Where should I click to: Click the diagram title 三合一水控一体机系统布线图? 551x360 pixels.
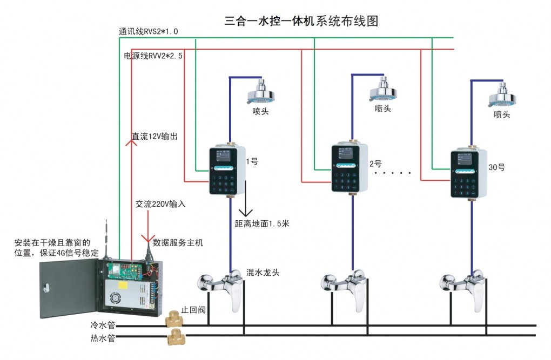(x=301, y=21)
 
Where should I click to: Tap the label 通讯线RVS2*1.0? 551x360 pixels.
(x=149, y=31)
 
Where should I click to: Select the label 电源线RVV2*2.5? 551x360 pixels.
(x=153, y=56)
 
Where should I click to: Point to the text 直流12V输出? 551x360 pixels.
(x=154, y=136)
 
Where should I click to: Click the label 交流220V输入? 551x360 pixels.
(x=160, y=203)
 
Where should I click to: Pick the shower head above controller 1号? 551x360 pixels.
(x=260, y=92)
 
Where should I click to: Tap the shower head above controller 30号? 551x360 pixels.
(x=502, y=95)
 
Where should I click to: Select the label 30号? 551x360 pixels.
(x=496, y=167)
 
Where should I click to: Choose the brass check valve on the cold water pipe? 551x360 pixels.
(x=173, y=319)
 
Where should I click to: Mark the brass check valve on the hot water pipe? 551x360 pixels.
(x=174, y=337)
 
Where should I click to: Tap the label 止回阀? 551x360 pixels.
(x=193, y=310)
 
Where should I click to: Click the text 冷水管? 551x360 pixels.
(x=103, y=325)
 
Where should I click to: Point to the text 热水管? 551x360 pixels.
(x=103, y=338)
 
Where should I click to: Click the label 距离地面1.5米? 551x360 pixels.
(x=262, y=223)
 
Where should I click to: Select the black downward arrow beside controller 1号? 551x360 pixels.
(x=245, y=199)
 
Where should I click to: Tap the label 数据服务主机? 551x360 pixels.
(x=178, y=242)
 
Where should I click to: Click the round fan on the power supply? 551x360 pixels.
(x=115, y=298)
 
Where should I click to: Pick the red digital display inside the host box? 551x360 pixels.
(x=125, y=267)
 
